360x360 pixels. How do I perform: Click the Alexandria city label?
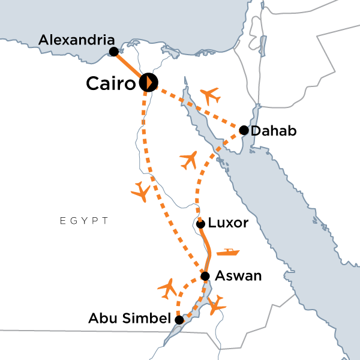click(x=76, y=40)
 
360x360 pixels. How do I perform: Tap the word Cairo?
click(x=110, y=83)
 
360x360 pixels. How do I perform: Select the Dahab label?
click(x=274, y=131)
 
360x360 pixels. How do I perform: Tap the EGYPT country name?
click(x=84, y=221)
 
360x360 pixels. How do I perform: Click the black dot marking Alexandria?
click(x=113, y=52)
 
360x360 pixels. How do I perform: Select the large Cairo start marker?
click(x=148, y=83)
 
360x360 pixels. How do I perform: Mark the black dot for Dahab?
click(x=244, y=130)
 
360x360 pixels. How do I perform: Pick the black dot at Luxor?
click(x=201, y=224)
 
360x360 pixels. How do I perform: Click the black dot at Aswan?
click(x=205, y=276)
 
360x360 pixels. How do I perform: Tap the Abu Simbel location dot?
click(x=179, y=320)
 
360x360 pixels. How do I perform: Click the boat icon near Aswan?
click(x=228, y=251)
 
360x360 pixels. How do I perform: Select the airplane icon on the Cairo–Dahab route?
click(x=211, y=95)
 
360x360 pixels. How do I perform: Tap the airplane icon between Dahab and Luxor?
click(x=189, y=160)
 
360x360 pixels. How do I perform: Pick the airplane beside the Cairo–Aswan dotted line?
click(x=140, y=191)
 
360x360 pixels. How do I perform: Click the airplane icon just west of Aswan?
click(x=169, y=289)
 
